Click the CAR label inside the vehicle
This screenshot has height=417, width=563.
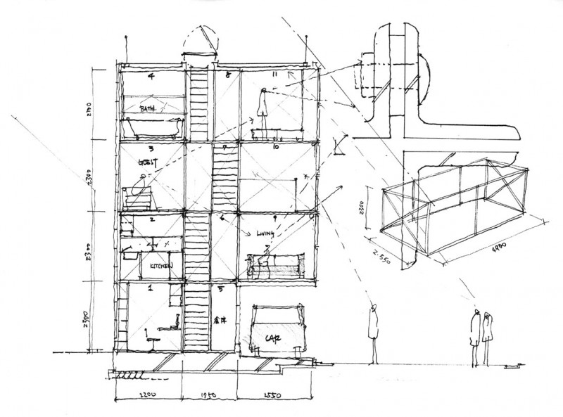[x=274, y=338]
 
